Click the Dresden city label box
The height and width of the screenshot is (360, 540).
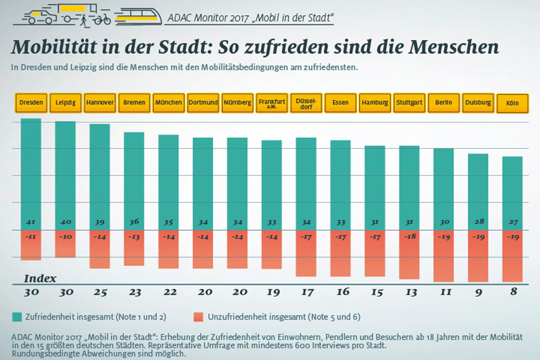pos(31,103)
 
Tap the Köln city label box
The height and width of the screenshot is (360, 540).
pos(512,103)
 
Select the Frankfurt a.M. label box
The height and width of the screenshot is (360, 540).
pos(272,103)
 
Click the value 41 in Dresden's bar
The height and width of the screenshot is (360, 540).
pos(31,222)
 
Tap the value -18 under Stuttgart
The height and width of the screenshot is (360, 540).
pos(409,236)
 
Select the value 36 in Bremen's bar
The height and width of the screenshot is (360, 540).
pos(134,222)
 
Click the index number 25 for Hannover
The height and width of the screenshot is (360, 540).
pos(100,292)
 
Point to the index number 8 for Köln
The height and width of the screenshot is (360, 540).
pos(512,292)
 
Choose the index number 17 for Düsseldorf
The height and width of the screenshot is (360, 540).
pos(306,292)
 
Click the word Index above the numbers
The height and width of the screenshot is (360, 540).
pos(40,279)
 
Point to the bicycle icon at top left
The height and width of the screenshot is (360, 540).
pos(102,19)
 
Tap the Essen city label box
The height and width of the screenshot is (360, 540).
pos(340,103)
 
